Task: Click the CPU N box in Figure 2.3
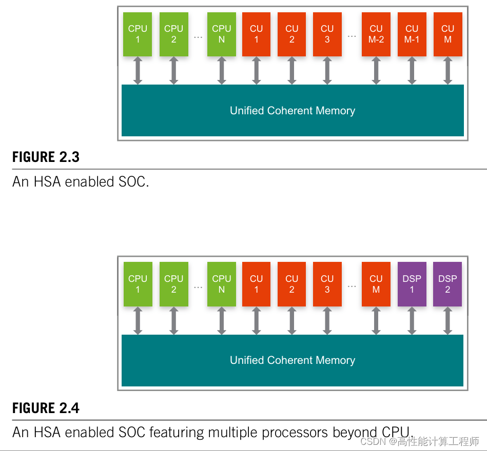click(222, 34)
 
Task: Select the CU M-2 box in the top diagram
click(376, 34)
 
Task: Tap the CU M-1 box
click(412, 34)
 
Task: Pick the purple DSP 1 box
click(412, 284)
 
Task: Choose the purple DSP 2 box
click(447, 284)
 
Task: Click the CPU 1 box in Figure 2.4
click(138, 284)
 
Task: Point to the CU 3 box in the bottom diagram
click(327, 284)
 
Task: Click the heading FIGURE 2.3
click(46, 157)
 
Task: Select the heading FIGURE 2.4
click(46, 408)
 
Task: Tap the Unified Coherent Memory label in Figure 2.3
click(293, 111)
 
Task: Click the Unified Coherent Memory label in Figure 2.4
click(293, 360)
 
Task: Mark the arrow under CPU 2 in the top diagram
click(173, 71)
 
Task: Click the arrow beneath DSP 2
click(447, 321)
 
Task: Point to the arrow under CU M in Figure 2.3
click(447, 71)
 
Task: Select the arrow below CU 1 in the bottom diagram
click(257, 321)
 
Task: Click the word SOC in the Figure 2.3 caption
click(132, 182)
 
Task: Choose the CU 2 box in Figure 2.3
click(291, 34)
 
